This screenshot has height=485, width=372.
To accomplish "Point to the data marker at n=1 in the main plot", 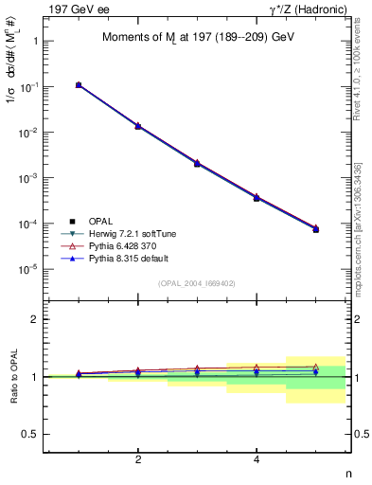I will coord(79,85).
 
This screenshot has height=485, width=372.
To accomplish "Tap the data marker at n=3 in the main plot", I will coord(197,163).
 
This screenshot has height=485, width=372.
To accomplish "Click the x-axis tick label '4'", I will coord(257,460).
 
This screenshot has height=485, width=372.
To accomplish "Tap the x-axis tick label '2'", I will coord(138,460).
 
